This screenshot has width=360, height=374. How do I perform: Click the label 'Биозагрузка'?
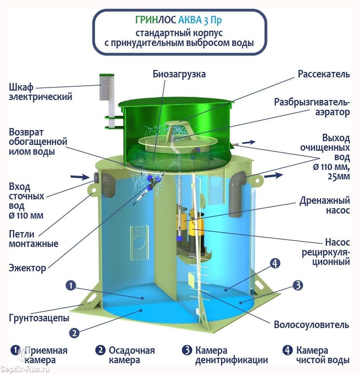[179, 74]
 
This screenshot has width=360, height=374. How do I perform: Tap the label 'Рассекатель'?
[324, 74]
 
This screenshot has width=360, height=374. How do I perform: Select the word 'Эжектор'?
[27, 268]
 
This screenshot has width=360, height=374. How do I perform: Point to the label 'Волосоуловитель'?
[311, 325]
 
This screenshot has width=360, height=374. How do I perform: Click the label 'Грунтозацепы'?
[39, 318]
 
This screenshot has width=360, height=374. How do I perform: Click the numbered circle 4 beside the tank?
[275, 263]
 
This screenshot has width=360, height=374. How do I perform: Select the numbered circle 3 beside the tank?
[298, 285]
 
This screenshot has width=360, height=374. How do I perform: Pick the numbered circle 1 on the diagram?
[71, 285]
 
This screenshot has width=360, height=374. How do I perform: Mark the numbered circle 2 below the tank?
[74, 333]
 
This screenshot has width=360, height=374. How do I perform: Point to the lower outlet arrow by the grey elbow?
[273, 176]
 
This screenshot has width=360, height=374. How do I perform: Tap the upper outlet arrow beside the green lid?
[249, 142]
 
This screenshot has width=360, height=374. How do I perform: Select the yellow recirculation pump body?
[196, 229]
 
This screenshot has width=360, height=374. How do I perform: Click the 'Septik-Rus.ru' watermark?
[25, 370]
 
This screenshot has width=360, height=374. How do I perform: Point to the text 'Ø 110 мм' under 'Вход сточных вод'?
[26, 216]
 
